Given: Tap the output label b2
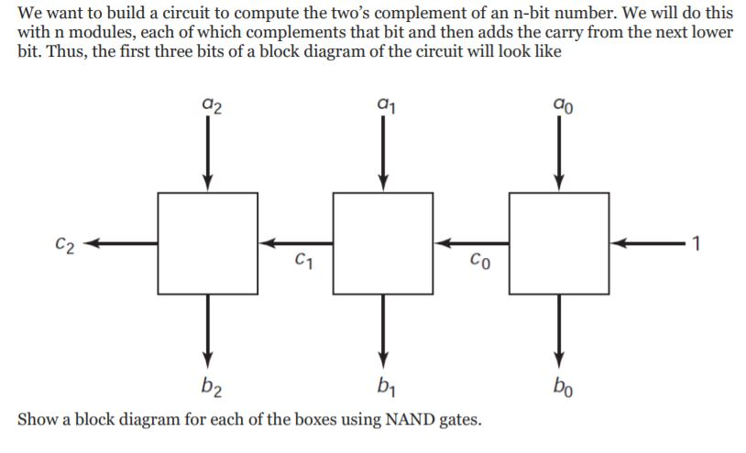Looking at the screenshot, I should [208, 383].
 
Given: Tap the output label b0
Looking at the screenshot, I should [556, 383].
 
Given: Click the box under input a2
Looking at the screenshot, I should [208, 243].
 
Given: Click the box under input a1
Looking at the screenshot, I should [383, 243].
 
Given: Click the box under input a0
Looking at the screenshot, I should [557, 243].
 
